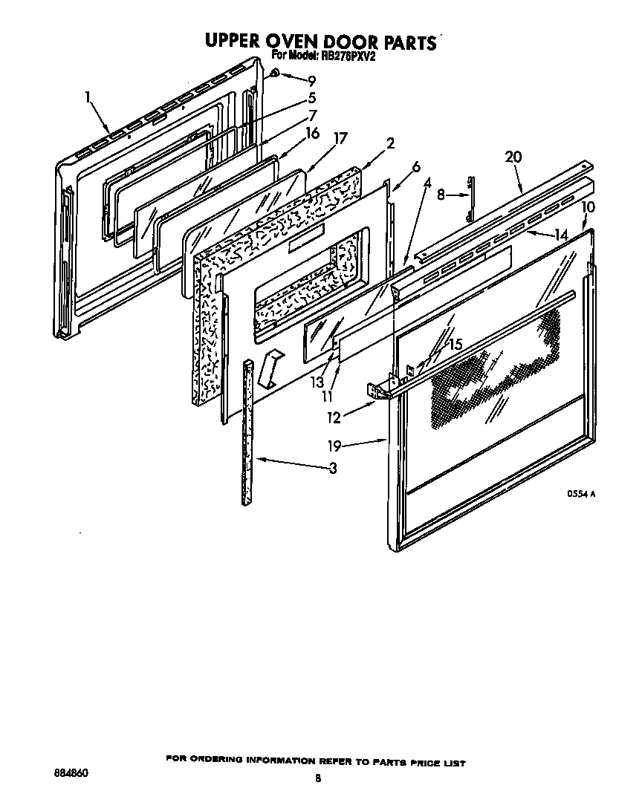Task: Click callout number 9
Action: pos(311,80)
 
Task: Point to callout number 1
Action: pos(88,96)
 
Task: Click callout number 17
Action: pos(340,138)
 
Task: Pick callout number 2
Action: pos(390,143)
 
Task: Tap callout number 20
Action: pos(513,157)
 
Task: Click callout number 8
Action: pos(441,196)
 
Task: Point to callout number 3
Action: pos(332,468)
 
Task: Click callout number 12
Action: pos(334,417)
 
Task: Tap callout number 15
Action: pos(455,344)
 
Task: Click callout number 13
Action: pos(317,382)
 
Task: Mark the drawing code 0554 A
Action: pos(583,493)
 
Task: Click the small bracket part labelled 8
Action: pos(470,199)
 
